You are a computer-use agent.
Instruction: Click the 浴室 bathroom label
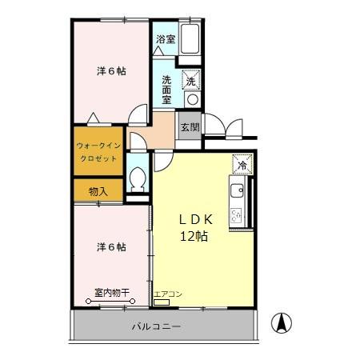pos(165,39)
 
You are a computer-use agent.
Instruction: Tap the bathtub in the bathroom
pos(190,39)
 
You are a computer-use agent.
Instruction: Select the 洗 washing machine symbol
pos(191,80)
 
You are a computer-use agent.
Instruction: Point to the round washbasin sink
pos(191,98)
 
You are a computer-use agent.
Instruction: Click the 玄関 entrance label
pos(189,126)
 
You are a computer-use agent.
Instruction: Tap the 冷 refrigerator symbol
pos(242,165)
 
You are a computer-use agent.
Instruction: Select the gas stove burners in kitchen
pos(238,214)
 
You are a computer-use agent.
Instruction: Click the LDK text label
pos(193,219)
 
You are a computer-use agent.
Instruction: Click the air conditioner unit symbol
pos(162,302)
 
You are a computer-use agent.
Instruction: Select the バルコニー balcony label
pos(157,327)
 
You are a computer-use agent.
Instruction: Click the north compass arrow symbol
pos(282,323)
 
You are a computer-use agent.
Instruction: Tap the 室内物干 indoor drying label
pos(111,293)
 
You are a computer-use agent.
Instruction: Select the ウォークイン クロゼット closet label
pos(98,152)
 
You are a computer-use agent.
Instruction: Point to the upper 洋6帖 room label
pos(111,70)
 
